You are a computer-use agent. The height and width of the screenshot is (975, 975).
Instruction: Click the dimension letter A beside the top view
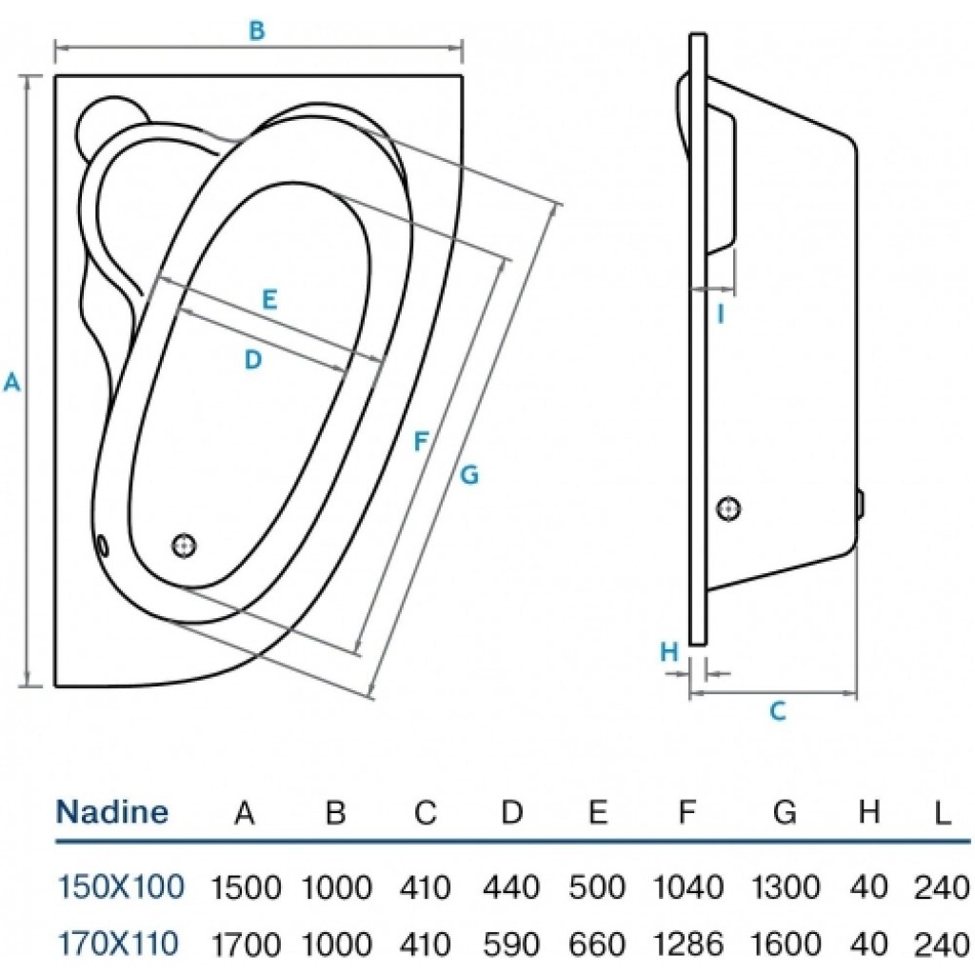click(x=11, y=382)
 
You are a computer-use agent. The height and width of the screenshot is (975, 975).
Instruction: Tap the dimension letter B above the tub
click(x=256, y=30)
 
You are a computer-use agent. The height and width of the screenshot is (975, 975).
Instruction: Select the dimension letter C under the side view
click(x=778, y=710)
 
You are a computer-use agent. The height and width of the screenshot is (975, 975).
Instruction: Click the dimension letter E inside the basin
click(x=269, y=300)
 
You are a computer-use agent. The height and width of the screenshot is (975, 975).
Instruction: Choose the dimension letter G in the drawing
click(x=468, y=474)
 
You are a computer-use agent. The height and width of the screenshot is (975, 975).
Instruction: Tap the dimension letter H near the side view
click(x=670, y=652)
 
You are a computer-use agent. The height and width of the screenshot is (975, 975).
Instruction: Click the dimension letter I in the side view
click(x=721, y=312)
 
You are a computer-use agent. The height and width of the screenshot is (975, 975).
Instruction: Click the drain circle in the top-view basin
click(x=185, y=545)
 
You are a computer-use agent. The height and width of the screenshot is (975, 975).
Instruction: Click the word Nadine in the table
click(x=112, y=812)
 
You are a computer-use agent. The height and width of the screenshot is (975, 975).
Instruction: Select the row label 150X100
click(x=121, y=887)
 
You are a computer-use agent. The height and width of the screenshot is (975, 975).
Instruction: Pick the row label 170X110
click(x=118, y=944)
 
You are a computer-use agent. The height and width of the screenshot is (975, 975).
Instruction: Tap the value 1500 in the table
click(x=245, y=888)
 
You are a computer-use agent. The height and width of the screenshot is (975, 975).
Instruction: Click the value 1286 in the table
click(x=688, y=945)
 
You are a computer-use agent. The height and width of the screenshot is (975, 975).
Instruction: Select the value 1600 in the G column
click(x=785, y=945)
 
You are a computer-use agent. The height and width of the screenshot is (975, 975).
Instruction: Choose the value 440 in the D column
click(x=512, y=888)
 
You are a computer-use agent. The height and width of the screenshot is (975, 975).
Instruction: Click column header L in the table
click(x=941, y=813)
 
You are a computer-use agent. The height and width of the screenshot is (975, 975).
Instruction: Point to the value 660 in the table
click(x=598, y=945)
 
